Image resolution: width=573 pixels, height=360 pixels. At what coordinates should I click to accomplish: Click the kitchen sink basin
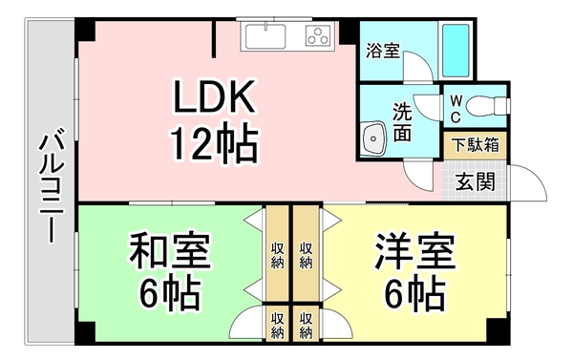click(x=265, y=37)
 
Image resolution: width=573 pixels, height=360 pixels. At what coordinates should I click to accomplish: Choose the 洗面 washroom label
click(x=402, y=121)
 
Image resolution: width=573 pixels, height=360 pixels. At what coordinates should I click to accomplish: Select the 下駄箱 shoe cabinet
click(x=475, y=146)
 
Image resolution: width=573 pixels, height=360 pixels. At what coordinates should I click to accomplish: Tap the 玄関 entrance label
click(x=475, y=180)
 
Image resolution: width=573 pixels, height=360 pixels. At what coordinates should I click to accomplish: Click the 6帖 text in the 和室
click(x=169, y=294)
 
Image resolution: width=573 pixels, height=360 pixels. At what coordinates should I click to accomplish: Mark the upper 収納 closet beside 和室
click(x=277, y=253)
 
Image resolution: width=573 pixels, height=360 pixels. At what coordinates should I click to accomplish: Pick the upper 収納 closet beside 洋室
click(x=306, y=253)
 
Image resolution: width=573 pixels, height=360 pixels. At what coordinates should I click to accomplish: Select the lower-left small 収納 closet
click(x=277, y=325)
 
